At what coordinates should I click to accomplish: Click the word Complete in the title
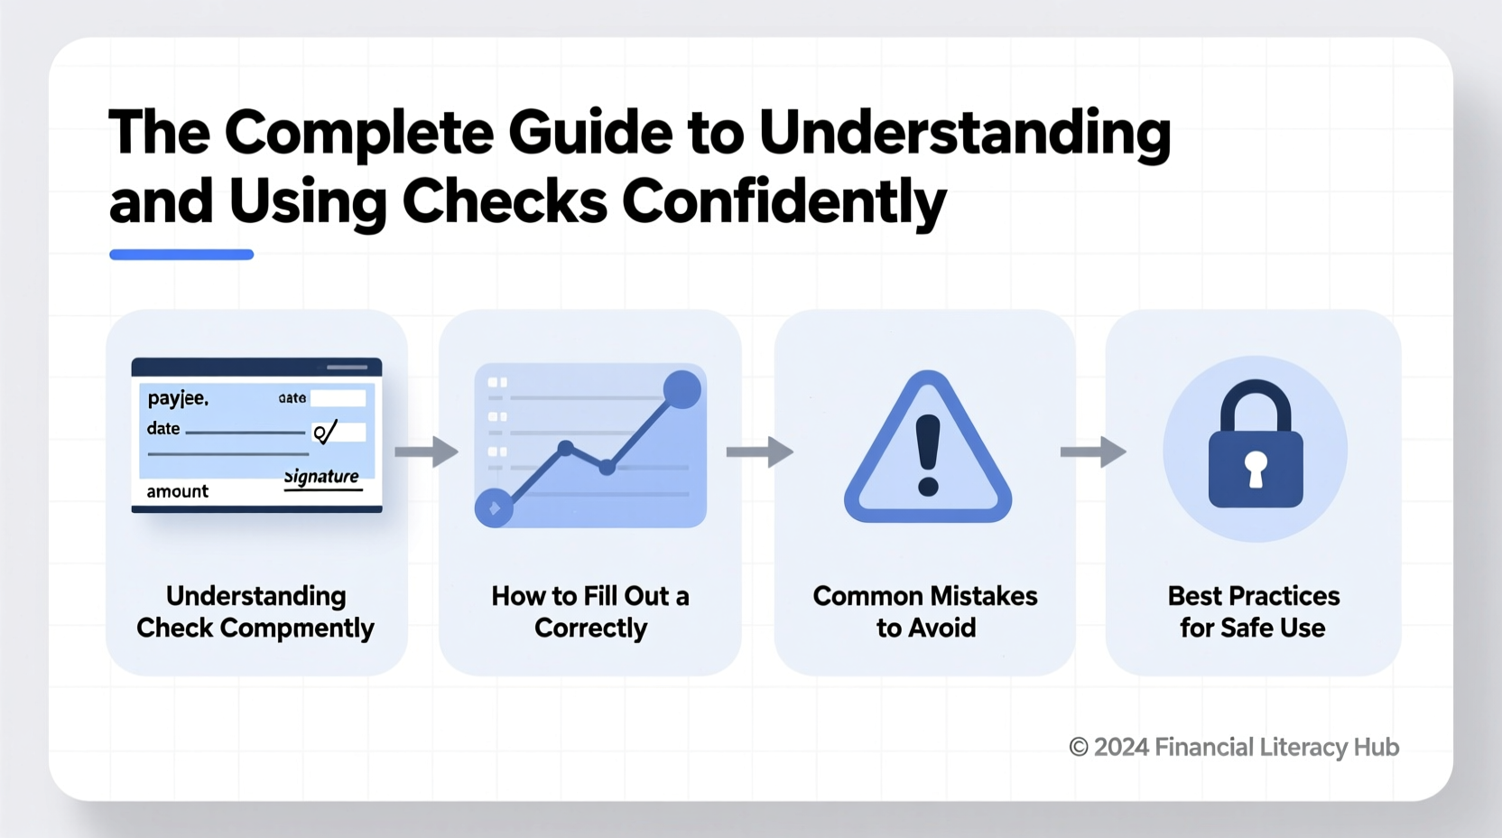[358, 133]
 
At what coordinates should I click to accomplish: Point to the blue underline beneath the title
[181, 255]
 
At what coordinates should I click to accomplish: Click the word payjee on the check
[178, 398]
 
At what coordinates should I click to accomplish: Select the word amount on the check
[177, 491]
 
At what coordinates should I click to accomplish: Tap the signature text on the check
[321, 477]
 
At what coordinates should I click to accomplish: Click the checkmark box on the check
[338, 432]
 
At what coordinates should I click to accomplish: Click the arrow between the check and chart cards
[426, 452]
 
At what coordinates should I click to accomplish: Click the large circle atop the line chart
[681, 389]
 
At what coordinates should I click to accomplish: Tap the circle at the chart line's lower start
[494, 508]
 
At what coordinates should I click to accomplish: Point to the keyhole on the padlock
[1256, 469]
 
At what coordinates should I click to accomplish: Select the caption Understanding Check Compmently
[255, 612]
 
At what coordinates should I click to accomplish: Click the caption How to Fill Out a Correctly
[590, 612]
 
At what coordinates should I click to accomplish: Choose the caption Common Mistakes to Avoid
[925, 612]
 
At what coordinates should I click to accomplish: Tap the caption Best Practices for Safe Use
[1253, 612]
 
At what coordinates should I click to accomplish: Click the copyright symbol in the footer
[1078, 748]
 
